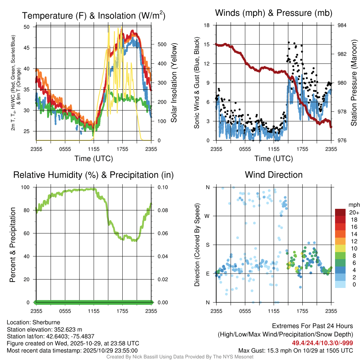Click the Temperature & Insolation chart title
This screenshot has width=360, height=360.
click(94, 15)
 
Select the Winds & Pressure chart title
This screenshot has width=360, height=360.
click(274, 13)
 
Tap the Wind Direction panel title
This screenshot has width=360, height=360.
click(274, 175)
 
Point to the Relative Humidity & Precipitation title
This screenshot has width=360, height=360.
click(94, 175)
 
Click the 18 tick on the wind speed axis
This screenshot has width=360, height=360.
click(207, 25)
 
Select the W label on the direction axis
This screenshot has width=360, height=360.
click(207, 216)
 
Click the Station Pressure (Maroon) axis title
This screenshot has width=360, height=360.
click(354, 83)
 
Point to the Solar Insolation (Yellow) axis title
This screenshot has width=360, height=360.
click(174, 83)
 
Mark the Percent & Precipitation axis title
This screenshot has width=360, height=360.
click(13, 245)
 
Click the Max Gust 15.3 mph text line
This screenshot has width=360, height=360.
click(295, 350)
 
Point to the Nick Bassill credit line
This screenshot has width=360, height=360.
click(180, 357)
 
